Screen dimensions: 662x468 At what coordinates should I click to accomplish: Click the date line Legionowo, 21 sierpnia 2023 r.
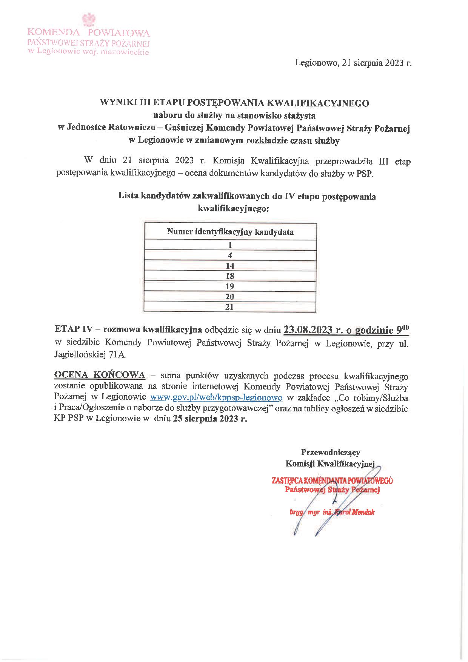[x=353, y=63]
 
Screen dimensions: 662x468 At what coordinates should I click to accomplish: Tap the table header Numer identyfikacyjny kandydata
[x=230, y=232]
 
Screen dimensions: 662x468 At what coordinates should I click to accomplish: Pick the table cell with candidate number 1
[x=230, y=245]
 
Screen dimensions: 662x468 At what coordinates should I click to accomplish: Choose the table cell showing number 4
[x=230, y=256]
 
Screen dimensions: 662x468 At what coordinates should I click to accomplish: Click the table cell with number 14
[x=230, y=266]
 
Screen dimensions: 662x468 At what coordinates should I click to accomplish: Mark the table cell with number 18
[x=230, y=276]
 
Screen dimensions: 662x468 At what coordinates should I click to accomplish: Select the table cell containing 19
[x=230, y=286]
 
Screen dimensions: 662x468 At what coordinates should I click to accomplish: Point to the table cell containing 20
[x=230, y=297]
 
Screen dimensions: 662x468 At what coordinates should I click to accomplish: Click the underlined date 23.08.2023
[x=308, y=330]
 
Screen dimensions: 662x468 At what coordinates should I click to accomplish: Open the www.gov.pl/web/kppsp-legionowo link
[x=216, y=397]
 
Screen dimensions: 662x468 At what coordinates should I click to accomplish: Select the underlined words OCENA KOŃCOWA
[x=100, y=375]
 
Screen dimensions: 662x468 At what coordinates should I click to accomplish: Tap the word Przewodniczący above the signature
[x=330, y=452]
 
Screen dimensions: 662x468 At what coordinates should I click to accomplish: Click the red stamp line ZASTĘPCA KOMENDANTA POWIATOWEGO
[x=332, y=481]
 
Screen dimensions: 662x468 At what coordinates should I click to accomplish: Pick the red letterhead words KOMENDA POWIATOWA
[x=89, y=33]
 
